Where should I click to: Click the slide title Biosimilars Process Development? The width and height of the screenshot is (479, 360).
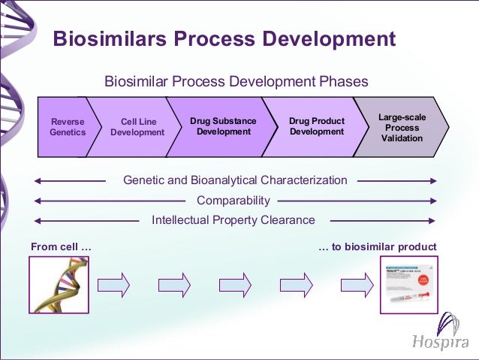point(224,38)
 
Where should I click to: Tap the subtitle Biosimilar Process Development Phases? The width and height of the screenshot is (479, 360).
point(236,81)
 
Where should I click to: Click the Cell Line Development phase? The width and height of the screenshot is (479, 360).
point(137,126)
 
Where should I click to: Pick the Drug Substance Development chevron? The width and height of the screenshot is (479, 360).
point(223,126)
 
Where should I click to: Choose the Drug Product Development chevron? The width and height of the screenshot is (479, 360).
point(316,126)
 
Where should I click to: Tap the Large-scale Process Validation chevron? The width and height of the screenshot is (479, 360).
point(401,126)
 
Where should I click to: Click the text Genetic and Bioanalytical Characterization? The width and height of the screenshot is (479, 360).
point(235,180)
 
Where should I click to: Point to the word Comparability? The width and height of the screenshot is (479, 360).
point(233,201)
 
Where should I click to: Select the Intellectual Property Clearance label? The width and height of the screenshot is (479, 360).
point(233,220)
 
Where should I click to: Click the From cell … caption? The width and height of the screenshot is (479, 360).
point(62,247)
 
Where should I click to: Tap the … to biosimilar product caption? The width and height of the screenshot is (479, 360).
point(377,247)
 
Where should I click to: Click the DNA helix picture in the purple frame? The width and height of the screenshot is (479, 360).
point(59,284)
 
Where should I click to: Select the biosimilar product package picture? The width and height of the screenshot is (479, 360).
point(408,284)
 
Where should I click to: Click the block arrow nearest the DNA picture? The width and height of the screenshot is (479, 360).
point(114,285)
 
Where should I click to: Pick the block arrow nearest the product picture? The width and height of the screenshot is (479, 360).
point(357,285)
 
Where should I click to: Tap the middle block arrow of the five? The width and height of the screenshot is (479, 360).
point(235,285)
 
